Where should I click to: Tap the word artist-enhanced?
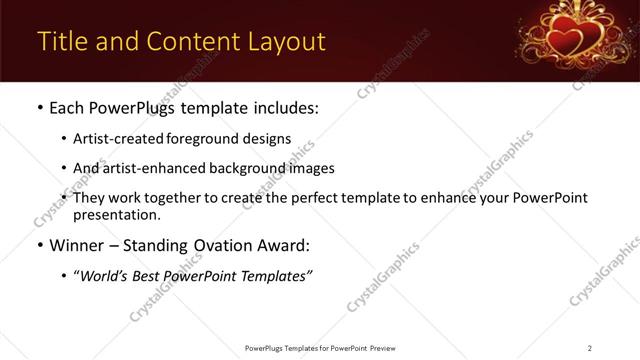(153, 168)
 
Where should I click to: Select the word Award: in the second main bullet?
(283, 245)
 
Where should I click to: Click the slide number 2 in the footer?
(590, 347)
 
